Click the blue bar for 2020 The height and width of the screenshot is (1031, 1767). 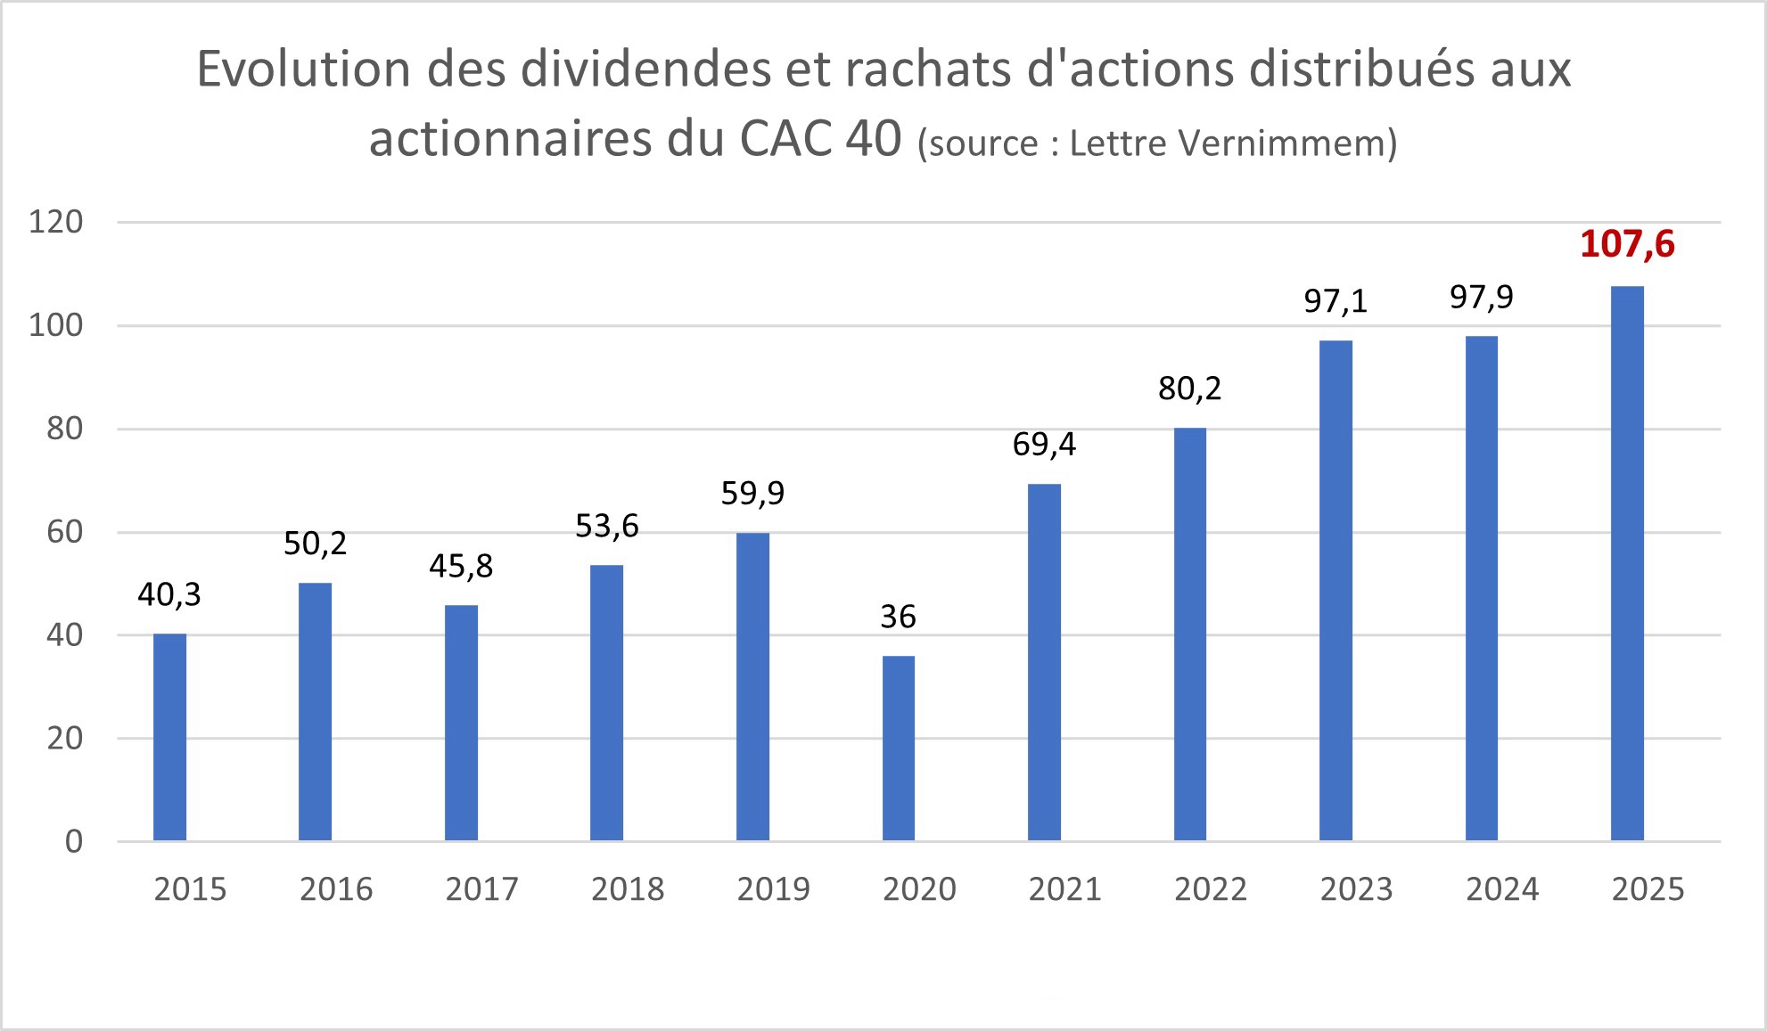pyautogui.click(x=898, y=749)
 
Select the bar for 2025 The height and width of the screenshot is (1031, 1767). pyautogui.click(x=1627, y=563)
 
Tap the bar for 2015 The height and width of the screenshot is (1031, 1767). pyautogui.click(x=169, y=737)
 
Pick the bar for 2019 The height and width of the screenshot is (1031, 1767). pyautogui.click(x=752, y=686)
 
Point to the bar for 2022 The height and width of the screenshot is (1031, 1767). pyautogui.click(x=1189, y=634)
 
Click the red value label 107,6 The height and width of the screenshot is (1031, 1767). pyautogui.click(x=1627, y=244)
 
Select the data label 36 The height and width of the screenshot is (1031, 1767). pyautogui.click(x=898, y=617)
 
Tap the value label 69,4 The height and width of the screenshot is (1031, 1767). pyautogui.click(x=1044, y=444)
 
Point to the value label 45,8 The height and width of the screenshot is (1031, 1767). pyautogui.click(x=461, y=566)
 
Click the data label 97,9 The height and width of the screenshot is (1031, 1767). pyautogui.click(x=1481, y=297)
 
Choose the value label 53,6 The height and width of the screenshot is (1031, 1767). pyautogui.click(x=606, y=526)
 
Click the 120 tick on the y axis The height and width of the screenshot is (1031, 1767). pyautogui.click(x=55, y=222)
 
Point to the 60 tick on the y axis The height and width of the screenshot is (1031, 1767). pyautogui.click(x=64, y=532)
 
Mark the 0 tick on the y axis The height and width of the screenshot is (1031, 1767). pyautogui.click(x=74, y=841)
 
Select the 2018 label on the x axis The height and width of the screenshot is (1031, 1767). pyautogui.click(x=628, y=889)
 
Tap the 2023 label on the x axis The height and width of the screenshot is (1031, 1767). pyautogui.click(x=1356, y=889)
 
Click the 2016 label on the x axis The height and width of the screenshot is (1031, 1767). pyautogui.click(x=336, y=889)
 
